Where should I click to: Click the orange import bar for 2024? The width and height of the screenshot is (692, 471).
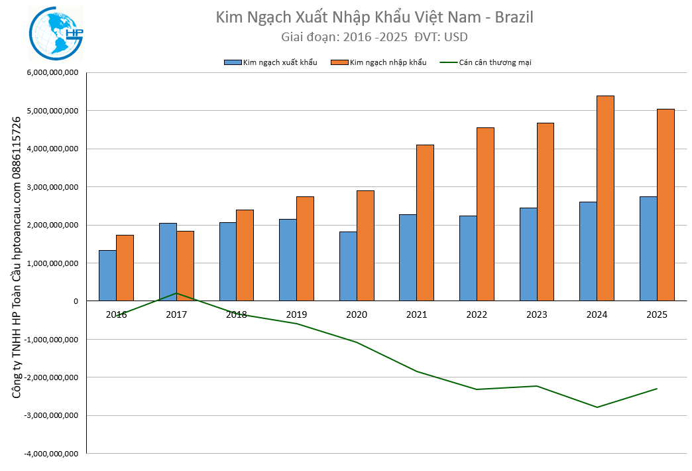(605, 198)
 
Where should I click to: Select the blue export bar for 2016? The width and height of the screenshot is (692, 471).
(107, 275)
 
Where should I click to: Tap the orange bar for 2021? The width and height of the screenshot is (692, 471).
(425, 223)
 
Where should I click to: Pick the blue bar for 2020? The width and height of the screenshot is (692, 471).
(348, 266)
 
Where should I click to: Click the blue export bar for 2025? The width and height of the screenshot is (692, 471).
(648, 249)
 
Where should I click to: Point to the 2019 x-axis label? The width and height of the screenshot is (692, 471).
(296, 314)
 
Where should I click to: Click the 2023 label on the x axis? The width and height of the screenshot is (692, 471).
(536, 314)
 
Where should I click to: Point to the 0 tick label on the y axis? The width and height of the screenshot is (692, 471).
(76, 301)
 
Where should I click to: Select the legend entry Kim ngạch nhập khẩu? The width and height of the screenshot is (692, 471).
(388, 62)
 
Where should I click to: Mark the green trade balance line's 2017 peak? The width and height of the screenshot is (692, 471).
(176, 293)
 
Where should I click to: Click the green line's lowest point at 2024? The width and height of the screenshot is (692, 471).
(597, 407)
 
